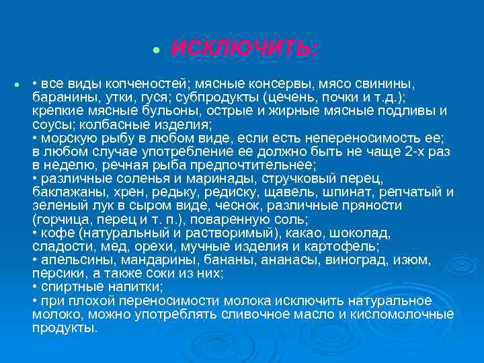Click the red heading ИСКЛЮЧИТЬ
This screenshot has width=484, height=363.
click(244, 49)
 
